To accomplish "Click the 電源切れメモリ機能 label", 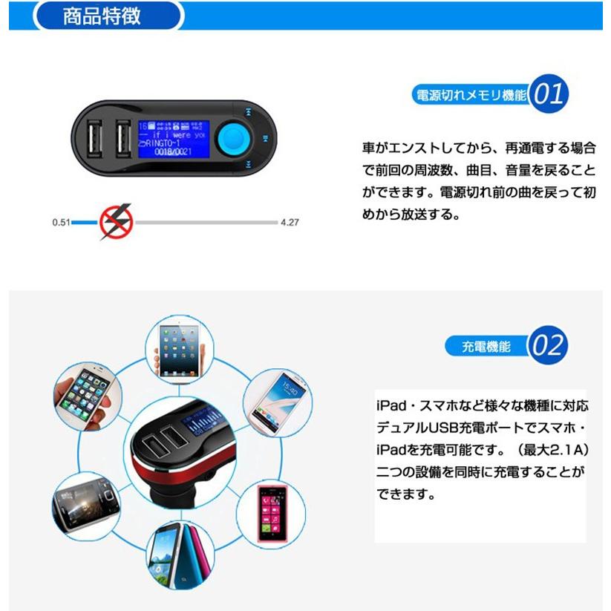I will (471, 96).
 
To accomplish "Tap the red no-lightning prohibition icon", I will (116, 222).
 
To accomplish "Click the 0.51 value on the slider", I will (61, 222).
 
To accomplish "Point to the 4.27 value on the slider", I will (290, 222).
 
